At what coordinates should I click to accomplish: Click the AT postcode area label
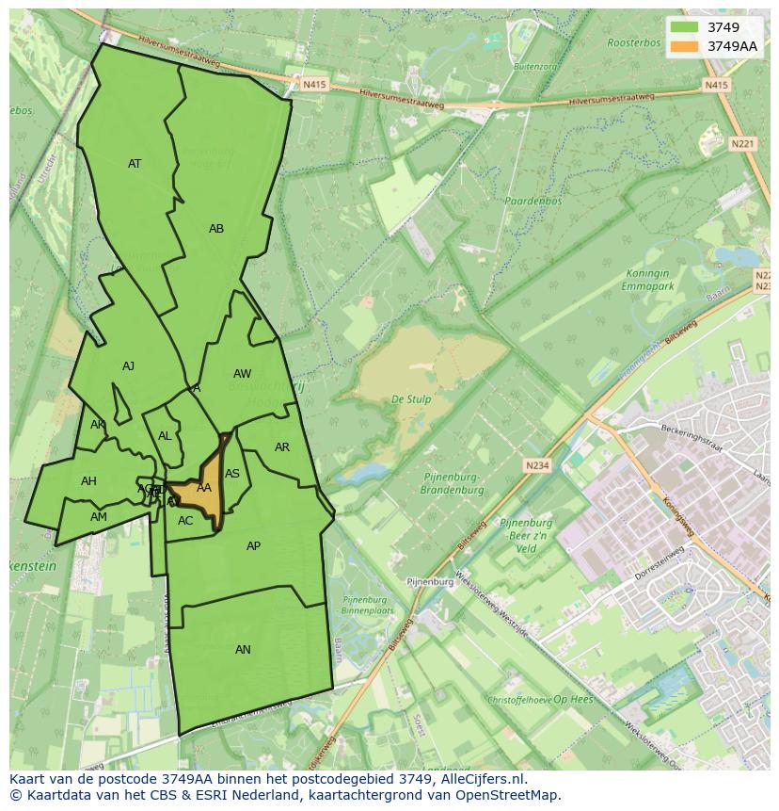coord(135,164)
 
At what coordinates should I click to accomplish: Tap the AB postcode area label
coord(216,229)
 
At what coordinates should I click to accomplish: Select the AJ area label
coord(128,366)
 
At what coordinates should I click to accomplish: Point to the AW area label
coord(242,374)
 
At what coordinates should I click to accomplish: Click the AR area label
coord(282,447)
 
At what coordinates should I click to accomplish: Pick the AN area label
coord(243,650)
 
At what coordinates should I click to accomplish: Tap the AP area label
coord(253,546)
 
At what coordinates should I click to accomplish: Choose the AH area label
coord(88,481)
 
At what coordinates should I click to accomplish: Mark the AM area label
coord(99,517)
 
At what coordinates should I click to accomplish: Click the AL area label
coord(165,436)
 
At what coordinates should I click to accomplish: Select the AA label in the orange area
coord(204,488)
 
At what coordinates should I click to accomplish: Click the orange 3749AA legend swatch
coord(685,46)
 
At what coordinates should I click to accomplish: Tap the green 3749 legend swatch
coord(685,27)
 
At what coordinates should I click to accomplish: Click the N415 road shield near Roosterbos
coord(716,85)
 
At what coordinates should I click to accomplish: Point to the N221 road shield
coord(742,144)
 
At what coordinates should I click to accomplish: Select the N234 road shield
coord(536,465)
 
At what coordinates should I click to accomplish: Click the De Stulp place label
coord(411,399)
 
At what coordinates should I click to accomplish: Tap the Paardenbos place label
coord(533,202)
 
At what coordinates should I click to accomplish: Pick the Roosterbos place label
coord(632,43)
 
